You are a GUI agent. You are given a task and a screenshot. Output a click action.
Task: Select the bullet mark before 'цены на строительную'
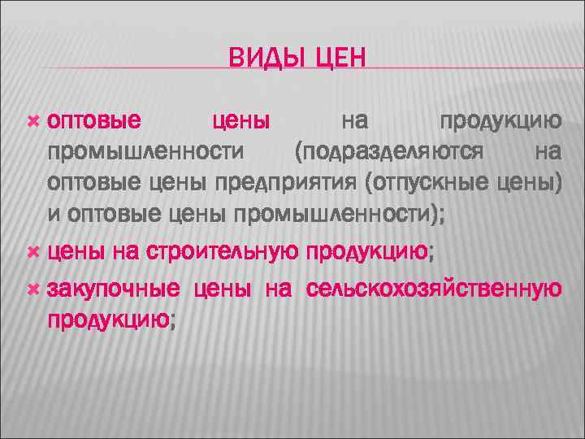(33, 253)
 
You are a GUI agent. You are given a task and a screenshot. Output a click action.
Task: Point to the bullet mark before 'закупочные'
(33, 289)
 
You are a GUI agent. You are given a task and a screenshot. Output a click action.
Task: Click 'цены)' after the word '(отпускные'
(531, 182)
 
